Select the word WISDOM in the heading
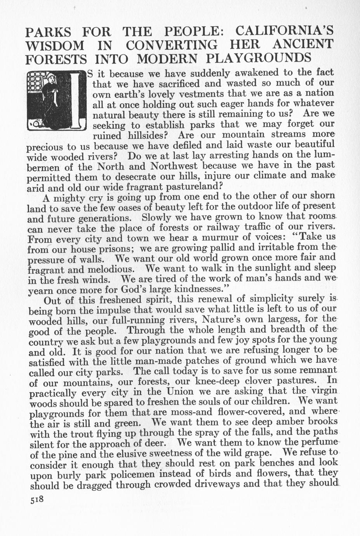pos(54,46)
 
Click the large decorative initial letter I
pos(77,101)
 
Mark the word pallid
pos(224,247)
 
